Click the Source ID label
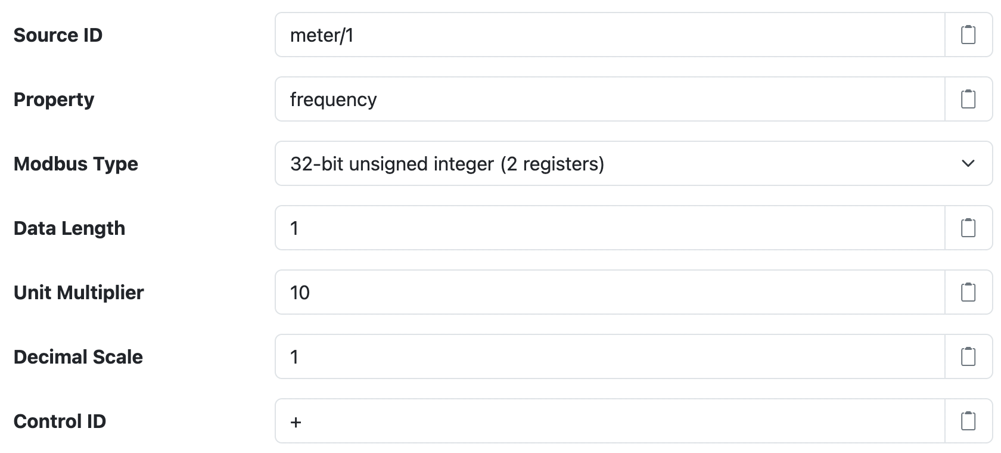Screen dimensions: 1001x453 coord(58,35)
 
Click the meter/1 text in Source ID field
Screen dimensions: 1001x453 coord(322,35)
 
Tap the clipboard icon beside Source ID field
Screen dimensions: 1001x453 coord(968,35)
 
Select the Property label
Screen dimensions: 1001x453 coord(54,100)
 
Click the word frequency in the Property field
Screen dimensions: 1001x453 coord(333,100)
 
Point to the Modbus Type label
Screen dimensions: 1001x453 coord(76,164)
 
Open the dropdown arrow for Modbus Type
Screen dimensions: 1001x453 coord(968,163)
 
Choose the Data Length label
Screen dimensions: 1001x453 coord(69,228)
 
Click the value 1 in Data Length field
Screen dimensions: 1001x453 coord(294,228)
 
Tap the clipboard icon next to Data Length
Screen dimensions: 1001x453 coord(968,228)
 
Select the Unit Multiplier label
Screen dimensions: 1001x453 coord(79,293)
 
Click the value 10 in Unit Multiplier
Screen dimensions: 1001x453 coord(300,293)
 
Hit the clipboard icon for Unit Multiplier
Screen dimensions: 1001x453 coord(968,293)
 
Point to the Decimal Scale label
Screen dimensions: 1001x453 coord(78,357)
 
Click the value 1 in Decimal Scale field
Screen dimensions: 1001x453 coord(294,357)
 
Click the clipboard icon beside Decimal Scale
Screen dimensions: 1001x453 coord(968,357)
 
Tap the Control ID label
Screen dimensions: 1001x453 coord(60,421)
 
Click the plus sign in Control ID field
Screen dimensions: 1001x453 coord(296,423)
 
